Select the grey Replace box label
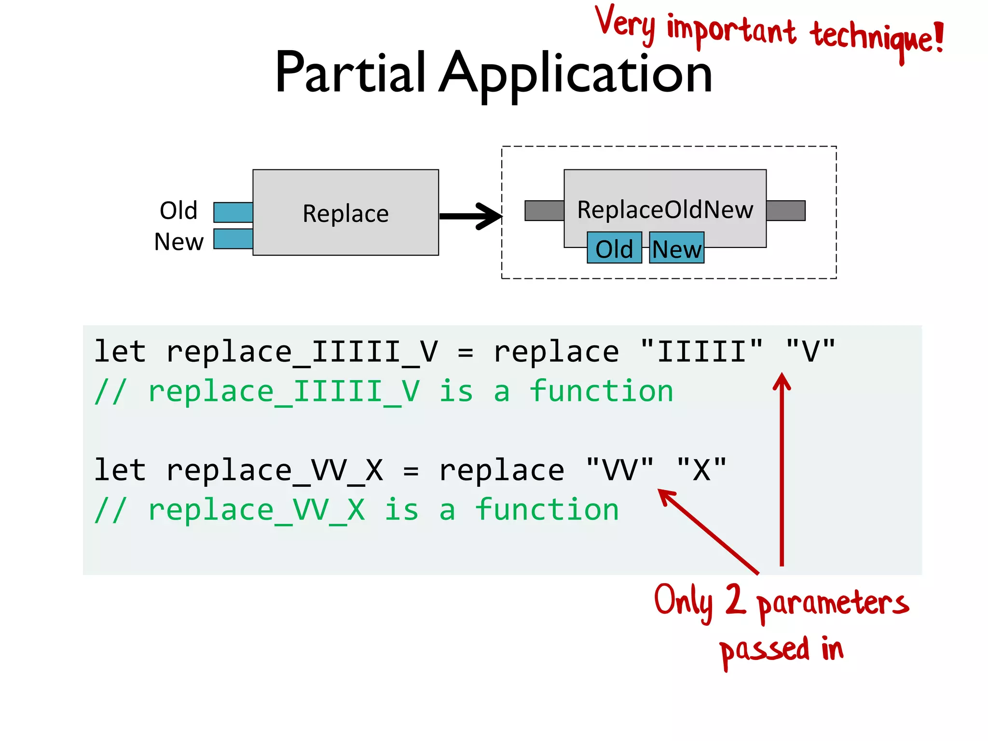[345, 213]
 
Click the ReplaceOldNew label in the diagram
[665, 209]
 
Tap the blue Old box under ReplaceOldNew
[614, 248]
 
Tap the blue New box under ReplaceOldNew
[676, 248]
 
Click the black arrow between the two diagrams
[470, 216]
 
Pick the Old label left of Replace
[178, 211]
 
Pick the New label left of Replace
[178, 241]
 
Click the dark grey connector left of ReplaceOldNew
[544, 211]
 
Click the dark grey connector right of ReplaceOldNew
[785, 211]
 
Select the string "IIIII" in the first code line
[701, 351]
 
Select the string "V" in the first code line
[810, 351]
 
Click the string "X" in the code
[701, 470]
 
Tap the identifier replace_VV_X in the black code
[274, 470]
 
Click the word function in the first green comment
[601, 391]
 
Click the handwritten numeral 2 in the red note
[735, 599]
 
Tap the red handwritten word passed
[764, 650]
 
